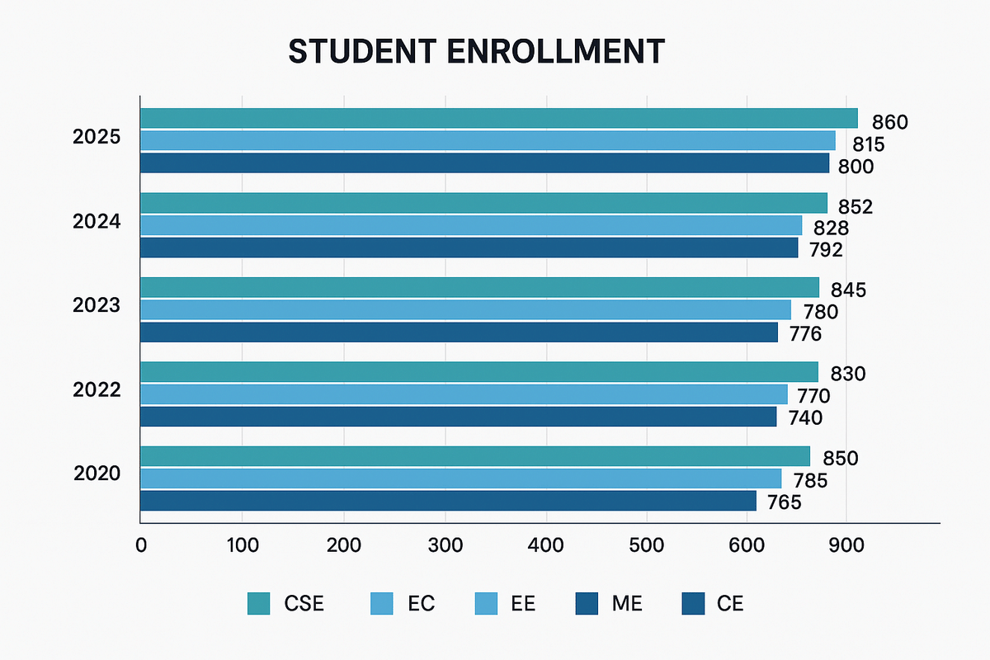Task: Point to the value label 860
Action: [x=889, y=123]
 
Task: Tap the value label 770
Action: [x=813, y=396]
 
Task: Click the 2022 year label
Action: [x=97, y=389]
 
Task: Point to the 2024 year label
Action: [x=97, y=221]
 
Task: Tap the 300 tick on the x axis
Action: [x=445, y=545]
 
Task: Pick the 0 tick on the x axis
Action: [x=141, y=545]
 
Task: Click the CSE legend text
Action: [x=304, y=604]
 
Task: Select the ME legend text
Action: [x=626, y=604]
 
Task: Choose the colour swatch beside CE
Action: [x=694, y=604]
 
